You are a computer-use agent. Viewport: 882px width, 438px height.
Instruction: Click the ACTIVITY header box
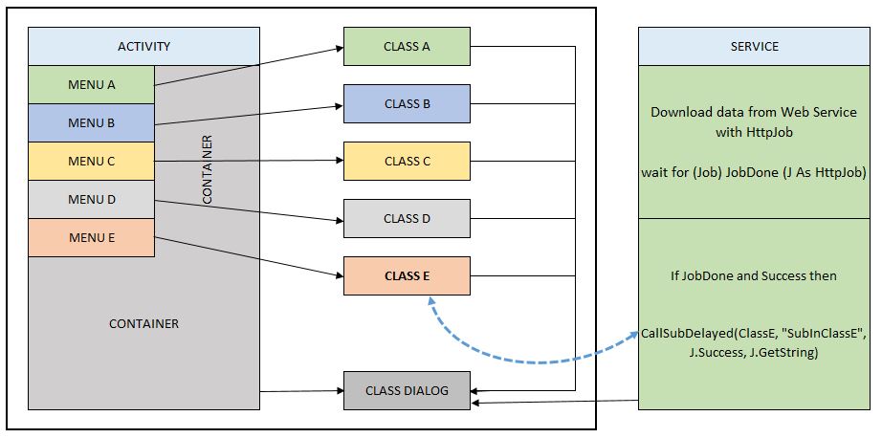143,46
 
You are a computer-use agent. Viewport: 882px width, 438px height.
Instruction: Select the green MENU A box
92,84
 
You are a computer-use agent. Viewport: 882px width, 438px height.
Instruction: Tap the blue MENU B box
92,122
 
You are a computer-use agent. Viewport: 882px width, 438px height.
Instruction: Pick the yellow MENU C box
92,161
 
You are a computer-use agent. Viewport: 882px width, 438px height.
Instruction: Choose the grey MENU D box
92,199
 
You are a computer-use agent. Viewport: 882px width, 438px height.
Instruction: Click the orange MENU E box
92,237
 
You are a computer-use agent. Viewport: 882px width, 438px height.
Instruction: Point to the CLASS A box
407,46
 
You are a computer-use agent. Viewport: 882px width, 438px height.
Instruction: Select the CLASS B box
407,103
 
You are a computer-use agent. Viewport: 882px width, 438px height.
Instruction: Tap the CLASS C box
407,161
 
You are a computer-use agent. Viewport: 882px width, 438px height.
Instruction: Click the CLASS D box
407,218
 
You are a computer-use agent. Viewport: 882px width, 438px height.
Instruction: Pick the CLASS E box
407,275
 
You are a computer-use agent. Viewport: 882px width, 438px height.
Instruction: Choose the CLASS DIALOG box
407,390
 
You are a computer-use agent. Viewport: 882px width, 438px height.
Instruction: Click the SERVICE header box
754,46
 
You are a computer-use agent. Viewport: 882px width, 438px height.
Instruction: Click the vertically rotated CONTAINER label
207,170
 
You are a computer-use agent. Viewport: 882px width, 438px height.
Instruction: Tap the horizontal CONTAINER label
143,323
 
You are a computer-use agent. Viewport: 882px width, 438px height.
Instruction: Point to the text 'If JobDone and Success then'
754,276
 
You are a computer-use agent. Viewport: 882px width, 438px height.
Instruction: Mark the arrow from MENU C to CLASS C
249,161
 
